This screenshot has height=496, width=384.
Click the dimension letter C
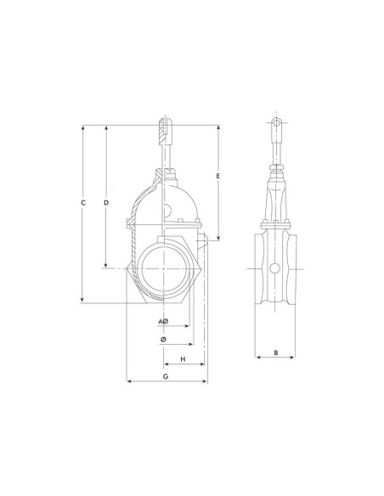(x=83, y=202)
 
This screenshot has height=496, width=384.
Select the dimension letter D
(x=106, y=202)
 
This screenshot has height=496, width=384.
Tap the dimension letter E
(x=218, y=176)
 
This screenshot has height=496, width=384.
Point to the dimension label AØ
(x=163, y=321)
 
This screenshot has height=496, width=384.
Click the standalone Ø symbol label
(x=163, y=340)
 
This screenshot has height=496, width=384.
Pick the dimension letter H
(x=183, y=359)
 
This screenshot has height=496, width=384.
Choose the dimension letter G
(x=166, y=376)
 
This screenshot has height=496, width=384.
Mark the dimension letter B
(x=276, y=352)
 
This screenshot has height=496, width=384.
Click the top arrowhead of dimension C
(x=83, y=127)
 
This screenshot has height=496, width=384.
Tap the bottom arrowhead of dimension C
(x=83, y=300)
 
